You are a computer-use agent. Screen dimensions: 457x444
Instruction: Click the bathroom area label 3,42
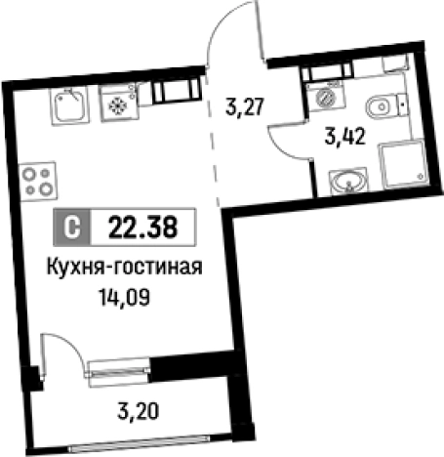[346, 136]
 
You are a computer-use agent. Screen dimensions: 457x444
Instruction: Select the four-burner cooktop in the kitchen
[40, 179]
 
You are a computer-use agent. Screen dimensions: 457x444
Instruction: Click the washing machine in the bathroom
[323, 100]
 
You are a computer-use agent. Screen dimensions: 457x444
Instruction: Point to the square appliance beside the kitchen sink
[118, 104]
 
